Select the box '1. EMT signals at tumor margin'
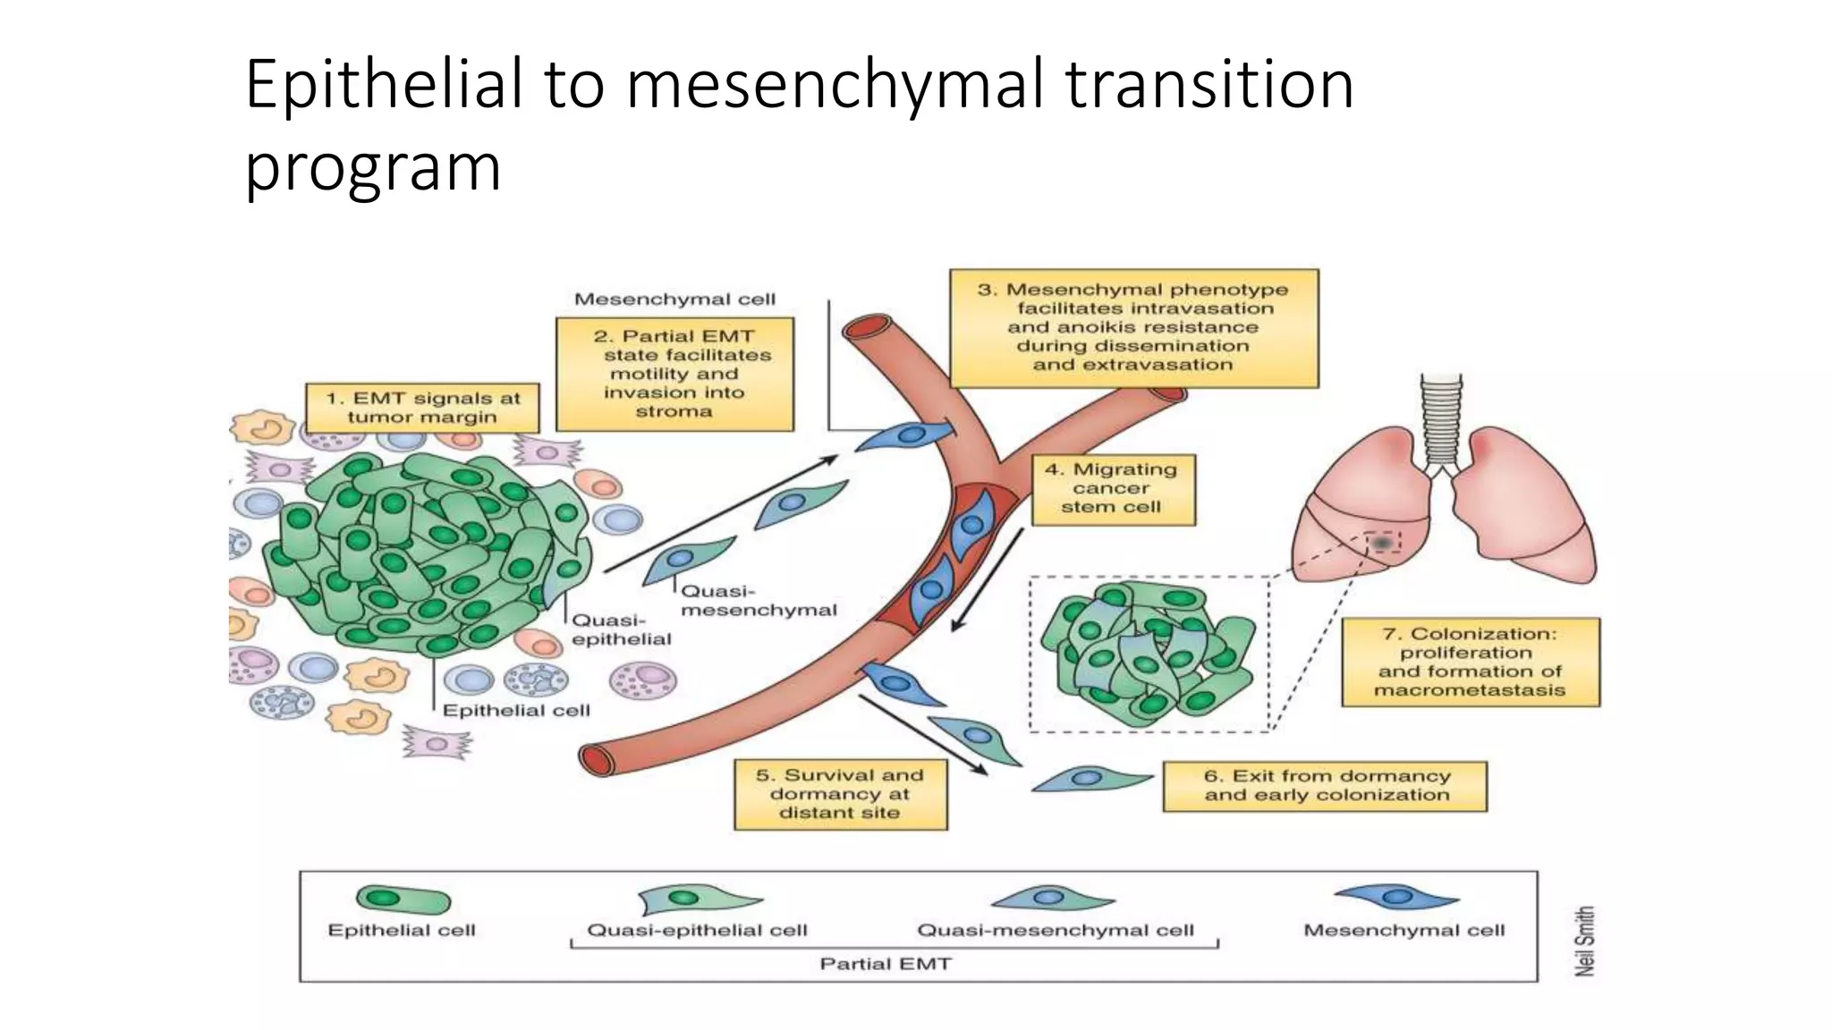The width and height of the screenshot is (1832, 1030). coord(422,409)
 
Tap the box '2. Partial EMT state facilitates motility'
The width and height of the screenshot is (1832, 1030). coord(674,375)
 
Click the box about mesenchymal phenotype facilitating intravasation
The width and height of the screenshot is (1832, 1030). coord(1133,327)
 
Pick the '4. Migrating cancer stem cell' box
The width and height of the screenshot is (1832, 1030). coord(1112,488)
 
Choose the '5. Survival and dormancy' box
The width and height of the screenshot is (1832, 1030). coord(839,794)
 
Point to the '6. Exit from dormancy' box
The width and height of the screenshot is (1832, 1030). coord(1325,786)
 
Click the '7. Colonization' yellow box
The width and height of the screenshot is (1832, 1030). coord(1470,662)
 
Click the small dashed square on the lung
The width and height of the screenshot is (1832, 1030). coord(1383,542)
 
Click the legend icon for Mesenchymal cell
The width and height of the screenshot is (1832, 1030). coord(1396,897)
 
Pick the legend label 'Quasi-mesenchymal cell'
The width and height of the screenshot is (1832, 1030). coord(1056,931)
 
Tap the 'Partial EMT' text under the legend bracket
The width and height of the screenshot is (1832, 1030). coord(886,964)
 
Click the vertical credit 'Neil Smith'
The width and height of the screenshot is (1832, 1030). coord(1584,941)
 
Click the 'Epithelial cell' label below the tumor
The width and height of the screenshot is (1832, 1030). coord(516,711)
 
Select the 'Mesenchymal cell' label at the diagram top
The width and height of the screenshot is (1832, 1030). coord(674,300)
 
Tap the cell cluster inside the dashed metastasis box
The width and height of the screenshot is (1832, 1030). coord(1148,652)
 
